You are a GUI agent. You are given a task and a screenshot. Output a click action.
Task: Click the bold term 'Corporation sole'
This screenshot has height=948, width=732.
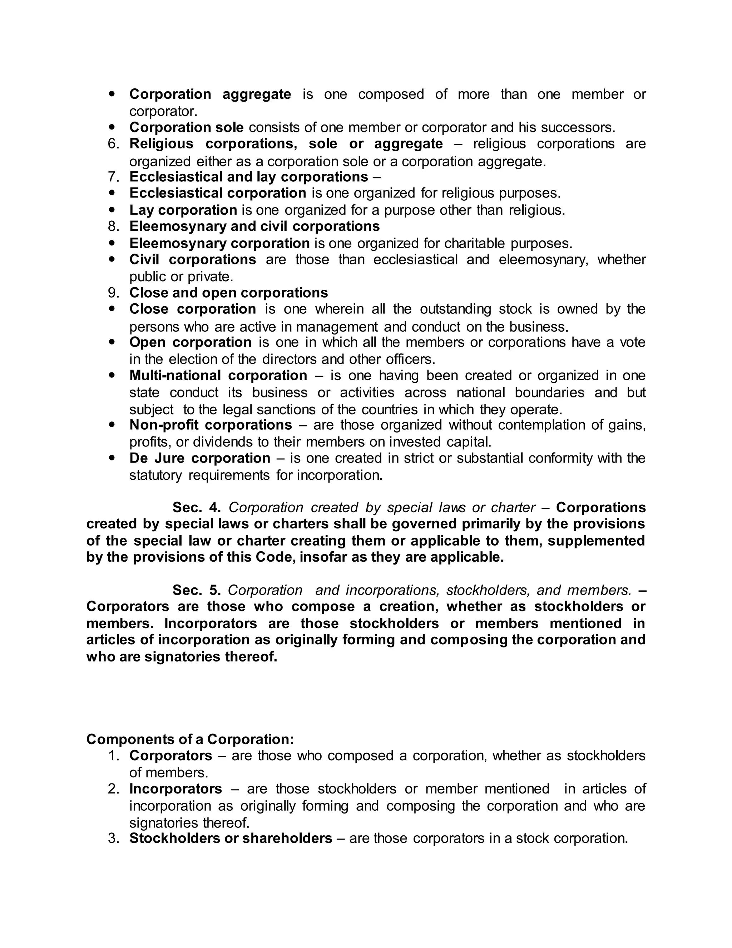pyautogui.click(x=187, y=128)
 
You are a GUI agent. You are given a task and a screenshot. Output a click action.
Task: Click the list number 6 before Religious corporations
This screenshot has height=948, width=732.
pyautogui.click(x=113, y=144)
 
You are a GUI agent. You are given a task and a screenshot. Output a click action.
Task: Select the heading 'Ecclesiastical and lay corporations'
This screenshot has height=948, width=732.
pyautogui.click(x=248, y=177)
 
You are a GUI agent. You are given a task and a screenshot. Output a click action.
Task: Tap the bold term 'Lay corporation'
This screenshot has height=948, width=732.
pyautogui.click(x=183, y=210)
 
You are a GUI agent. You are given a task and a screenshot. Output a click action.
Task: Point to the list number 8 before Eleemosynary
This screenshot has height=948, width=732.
pyautogui.click(x=113, y=226)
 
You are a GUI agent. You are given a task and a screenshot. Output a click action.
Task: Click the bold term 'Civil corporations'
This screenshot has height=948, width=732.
pyautogui.click(x=193, y=260)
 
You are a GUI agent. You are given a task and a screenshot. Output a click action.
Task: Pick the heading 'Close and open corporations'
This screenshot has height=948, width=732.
pyautogui.click(x=228, y=293)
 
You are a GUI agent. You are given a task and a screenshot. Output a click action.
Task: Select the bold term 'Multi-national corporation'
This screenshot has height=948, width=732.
pyautogui.click(x=218, y=376)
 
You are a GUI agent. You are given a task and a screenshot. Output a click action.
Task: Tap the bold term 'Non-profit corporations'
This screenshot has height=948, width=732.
pyautogui.click(x=211, y=425)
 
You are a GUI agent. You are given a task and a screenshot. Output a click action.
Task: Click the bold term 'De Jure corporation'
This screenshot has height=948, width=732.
pyautogui.click(x=200, y=458)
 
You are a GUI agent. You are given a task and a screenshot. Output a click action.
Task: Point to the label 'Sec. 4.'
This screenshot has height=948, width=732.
pyautogui.click(x=197, y=508)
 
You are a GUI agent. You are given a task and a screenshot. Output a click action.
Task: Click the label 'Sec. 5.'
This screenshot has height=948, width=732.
pyautogui.click(x=197, y=590)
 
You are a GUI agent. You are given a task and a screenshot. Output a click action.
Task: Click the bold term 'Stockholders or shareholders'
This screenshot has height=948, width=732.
pyautogui.click(x=231, y=838)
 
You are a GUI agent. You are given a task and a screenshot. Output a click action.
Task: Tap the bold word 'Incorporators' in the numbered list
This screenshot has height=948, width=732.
pyautogui.click(x=175, y=789)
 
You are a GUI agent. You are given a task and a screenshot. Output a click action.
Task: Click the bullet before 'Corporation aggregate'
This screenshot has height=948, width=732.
pyautogui.click(x=112, y=93)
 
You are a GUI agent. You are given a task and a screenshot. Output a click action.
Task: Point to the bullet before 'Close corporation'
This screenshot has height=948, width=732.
pyautogui.click(x=112, y=309)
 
